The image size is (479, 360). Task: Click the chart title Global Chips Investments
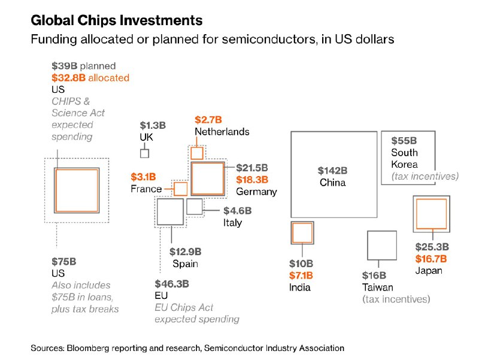pos(117,20)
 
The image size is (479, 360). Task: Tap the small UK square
pos(144,153)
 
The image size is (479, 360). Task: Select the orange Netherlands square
pos(196,153)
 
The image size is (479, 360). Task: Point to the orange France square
pos(181,189)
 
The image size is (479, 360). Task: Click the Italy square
pos(195,207)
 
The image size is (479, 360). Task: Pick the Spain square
pos(170,212)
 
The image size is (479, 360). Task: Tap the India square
pos(302,232)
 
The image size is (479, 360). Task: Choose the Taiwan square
pos(381,246)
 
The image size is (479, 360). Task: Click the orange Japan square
pos(431,214)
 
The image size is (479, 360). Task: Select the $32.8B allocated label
pos(90,78)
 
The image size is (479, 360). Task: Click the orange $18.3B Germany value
pos(251,179)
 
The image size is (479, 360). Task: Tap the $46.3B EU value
pos(172,283)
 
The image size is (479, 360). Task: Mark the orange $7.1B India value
pos(301,275)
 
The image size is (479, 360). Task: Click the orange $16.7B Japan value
pos(431,258)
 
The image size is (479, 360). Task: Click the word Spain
pos(185,264)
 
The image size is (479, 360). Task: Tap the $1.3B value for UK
pos(153,125)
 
